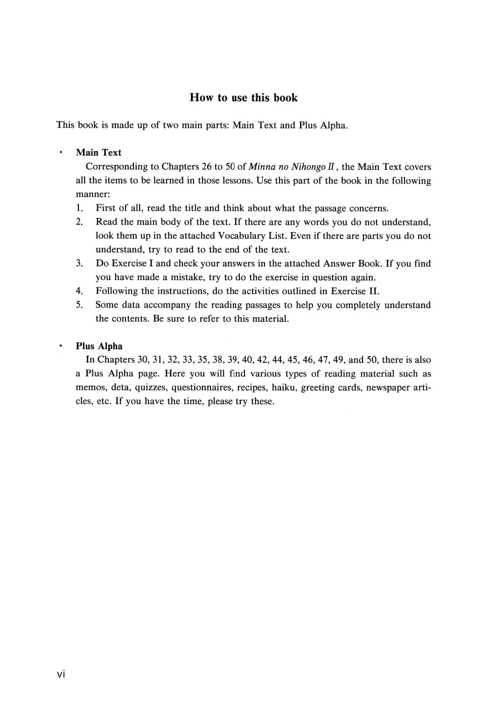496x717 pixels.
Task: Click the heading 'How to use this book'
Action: point(244,98)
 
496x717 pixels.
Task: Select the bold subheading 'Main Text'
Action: point(98,153)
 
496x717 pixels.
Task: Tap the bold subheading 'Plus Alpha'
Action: point(99,346)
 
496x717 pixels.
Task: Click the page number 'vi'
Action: point(61,674)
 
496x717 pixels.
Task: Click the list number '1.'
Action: point(79,208)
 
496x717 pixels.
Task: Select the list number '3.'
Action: point(79,263)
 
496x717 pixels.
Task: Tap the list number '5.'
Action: point(79,305)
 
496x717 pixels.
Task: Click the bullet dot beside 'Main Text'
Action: point(60,153)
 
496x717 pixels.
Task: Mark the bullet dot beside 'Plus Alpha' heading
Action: point(60,346)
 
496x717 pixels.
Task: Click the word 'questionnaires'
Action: point(202,387)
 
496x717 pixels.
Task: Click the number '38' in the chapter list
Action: point(218,360)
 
